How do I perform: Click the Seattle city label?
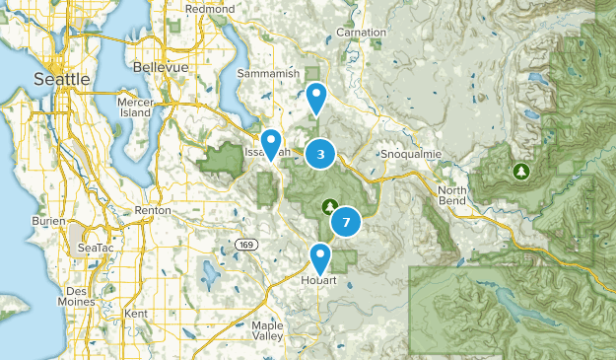tap(61, 78)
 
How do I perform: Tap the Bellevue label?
tap(160, 67)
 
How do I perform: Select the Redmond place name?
tap(210, 9)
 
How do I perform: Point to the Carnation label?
tap(361, 33)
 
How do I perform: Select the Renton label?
tap(153, 211)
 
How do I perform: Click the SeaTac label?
tap(97, 248)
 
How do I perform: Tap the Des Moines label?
tap(78, 297)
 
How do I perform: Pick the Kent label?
tap(136, 313)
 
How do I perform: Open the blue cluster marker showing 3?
tap(320, 153)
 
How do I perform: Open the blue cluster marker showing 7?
tap(345, 223)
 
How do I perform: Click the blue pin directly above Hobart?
tap(320, 257)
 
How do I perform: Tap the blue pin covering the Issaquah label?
tap(270, 144)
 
